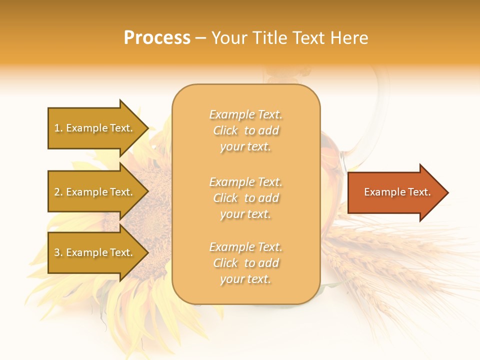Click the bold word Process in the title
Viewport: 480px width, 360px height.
point(157,38)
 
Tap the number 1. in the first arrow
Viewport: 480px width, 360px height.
point(58,128)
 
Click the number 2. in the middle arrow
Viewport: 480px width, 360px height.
point(58,192)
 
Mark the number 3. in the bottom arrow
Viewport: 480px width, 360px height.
point(58,252)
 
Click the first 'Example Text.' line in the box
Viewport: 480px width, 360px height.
point(245,114)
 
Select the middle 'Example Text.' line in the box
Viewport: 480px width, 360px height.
point(245,181)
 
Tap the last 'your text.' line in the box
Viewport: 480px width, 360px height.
point(245,279)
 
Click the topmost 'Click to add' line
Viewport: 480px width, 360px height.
point(245,130)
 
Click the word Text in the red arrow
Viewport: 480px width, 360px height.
point(419,192)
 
